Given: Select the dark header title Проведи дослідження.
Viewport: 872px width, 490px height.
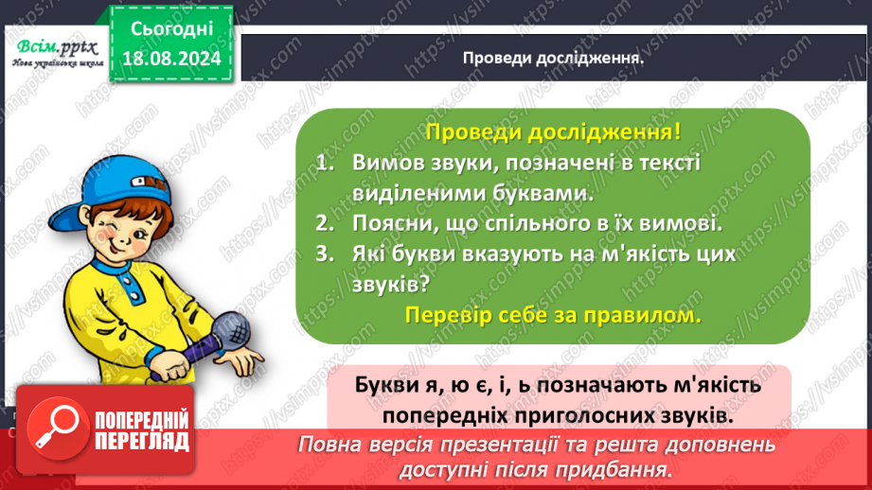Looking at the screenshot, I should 553,57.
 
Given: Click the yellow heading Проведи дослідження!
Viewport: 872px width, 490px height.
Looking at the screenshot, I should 552,132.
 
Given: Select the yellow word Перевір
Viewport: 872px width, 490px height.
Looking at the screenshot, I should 443,316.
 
